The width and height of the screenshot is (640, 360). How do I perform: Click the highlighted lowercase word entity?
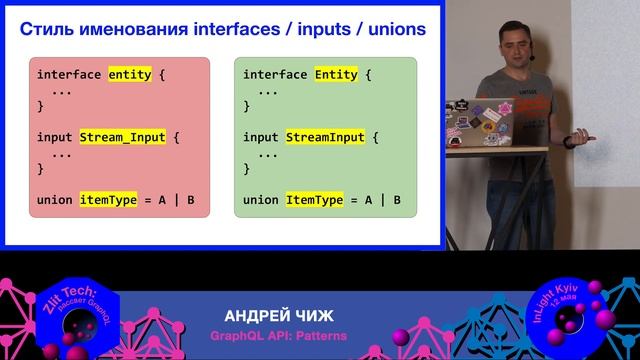(131, 74)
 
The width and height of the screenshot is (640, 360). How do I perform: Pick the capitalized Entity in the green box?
(336, 74)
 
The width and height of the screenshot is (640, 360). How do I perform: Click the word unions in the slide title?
(386, 30)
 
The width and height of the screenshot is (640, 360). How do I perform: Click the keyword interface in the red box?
(69, 74)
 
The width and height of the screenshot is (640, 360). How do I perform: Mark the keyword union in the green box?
(261, 200)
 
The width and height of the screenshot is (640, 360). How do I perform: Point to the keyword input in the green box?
(261, 137)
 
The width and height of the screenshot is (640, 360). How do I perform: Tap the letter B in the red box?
(190, 200)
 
